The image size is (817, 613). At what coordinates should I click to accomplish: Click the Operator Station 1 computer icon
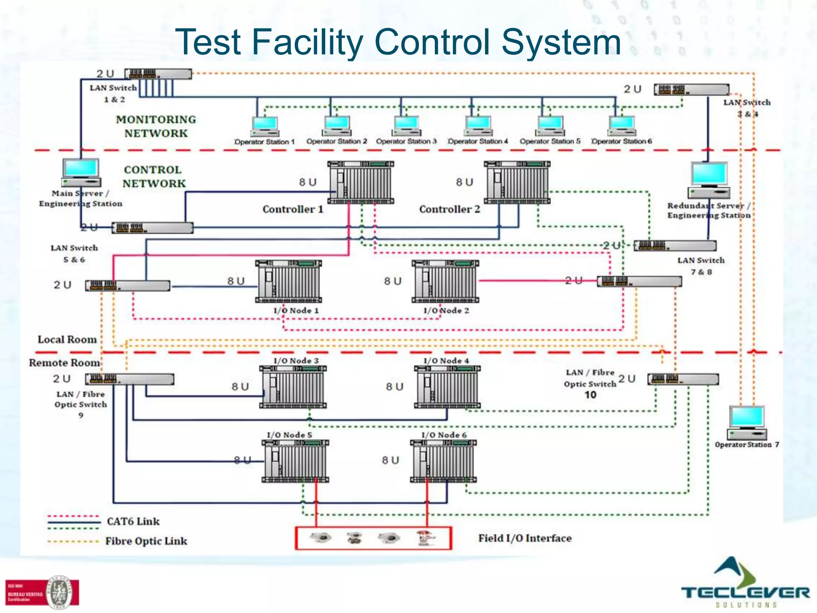265,126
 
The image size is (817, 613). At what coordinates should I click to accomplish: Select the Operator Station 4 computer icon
478,126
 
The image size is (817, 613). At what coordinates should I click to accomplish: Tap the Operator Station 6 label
622,141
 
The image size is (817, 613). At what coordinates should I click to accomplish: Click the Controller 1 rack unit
361,182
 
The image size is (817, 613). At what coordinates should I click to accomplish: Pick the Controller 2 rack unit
517,182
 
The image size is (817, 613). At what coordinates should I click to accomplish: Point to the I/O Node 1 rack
288,281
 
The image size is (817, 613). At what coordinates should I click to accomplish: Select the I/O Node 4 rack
447,387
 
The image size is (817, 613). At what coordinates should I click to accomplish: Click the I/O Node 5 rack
295,461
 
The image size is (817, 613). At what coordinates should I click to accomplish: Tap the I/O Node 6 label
444,435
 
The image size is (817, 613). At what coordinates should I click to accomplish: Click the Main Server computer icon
81,172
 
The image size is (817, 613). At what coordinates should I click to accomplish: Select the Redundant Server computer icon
709,180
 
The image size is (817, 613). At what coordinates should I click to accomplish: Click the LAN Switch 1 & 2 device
158,74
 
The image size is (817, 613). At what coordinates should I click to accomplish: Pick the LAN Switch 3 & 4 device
691,89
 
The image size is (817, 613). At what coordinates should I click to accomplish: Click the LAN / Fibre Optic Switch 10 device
683,379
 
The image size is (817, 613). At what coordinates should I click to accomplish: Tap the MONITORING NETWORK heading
156,126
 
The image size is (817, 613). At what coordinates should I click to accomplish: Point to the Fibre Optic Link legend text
146,541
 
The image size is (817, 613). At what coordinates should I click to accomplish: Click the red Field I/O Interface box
373,538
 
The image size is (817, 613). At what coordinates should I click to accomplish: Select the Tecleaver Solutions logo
745,583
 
